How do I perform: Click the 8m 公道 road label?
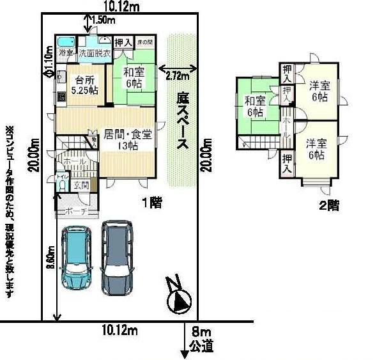(x=202, y=339)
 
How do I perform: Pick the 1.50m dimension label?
(x=104, y=20)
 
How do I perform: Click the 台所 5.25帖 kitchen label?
(x=84, y=85)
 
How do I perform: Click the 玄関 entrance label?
(x=81, y=185)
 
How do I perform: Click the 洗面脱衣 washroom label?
(x=95, y=53)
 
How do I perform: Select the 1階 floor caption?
(x=151, y=203)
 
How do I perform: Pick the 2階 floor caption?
(x=328, y=205)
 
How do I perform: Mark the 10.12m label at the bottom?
(x=120, y=330)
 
